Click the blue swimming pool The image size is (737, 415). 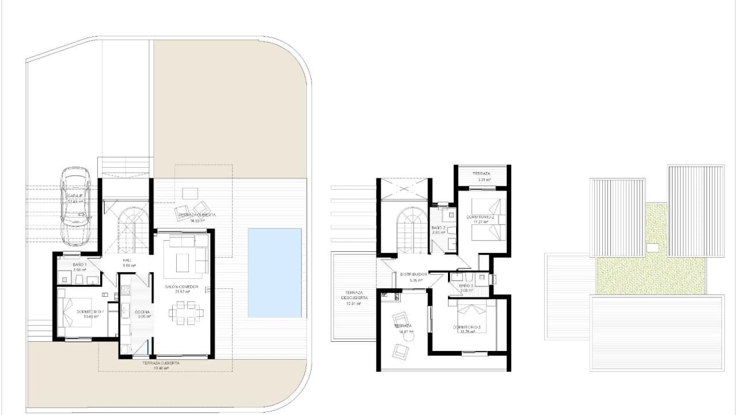point(275,273)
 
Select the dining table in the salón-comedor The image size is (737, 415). point(185,313)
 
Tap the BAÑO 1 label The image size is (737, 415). point(79,264)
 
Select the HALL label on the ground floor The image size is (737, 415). point(128,261)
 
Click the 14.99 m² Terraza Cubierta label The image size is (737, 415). point(197,215)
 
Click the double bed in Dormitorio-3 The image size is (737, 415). point(476,317)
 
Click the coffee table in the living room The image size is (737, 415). point(183,259)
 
